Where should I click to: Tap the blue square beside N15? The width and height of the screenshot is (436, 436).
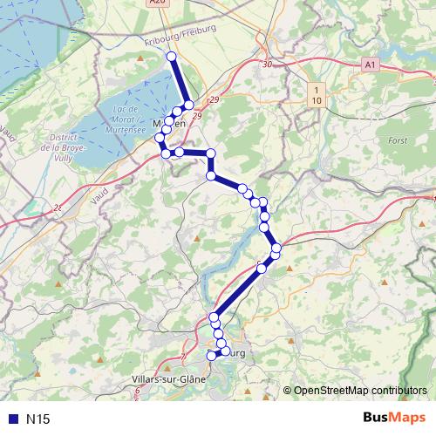[x=11, y=419]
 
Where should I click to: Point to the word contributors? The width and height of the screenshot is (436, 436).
[x=402, y=391]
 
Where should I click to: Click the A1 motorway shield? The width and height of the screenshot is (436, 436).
[x=371, y=65]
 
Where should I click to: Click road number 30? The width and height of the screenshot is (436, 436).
[x=267, y=65]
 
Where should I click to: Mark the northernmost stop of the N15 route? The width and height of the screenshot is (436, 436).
[x=171, y=57]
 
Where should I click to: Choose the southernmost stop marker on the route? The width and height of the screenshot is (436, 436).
[x=211, y=356]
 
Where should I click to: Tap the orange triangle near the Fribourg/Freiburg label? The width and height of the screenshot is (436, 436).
[x=140, y=58]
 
